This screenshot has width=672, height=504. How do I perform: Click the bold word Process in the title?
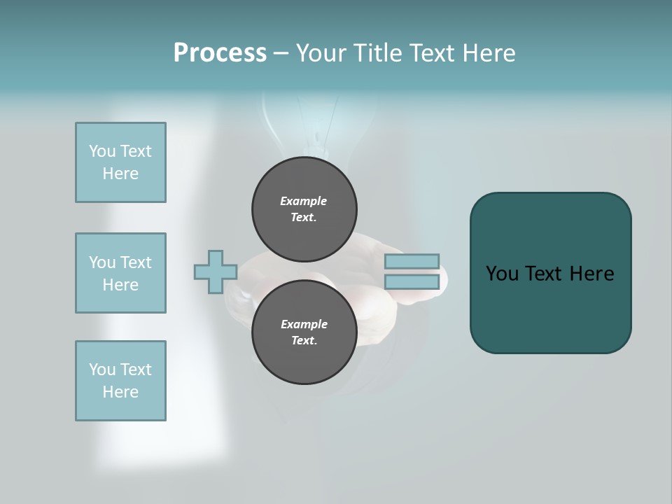pyautogui.click(x=220, y=53)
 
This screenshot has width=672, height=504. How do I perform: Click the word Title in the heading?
pyautogui.click(x=375, y=53)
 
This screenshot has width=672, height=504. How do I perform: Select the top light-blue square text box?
pyautogui.click(x=120, y=162)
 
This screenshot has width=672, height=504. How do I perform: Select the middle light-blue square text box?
pyautogui.click(x=120, y=273)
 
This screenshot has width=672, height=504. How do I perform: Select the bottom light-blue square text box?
pyautogui.click(x=120, y=381)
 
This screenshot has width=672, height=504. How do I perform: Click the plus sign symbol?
pyautogui.click(x=216, y=272)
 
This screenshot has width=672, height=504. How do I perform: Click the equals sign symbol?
pyautogui.click(x=412, y=272)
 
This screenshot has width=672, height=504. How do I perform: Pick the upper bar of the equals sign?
pyautogui.click(x=412, y=262)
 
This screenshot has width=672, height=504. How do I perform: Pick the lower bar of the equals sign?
pyautogui.click(x=412, y=282)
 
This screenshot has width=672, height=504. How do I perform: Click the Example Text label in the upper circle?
pyautogui.click(x=304, y=209)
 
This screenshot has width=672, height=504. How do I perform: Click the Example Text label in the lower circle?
pyautogui.click(x=304, y=332)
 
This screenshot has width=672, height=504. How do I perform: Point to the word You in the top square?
pyautogui.click(x=102, y=151)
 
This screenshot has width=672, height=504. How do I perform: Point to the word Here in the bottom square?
pyautogui.click(x=120, y=392)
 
